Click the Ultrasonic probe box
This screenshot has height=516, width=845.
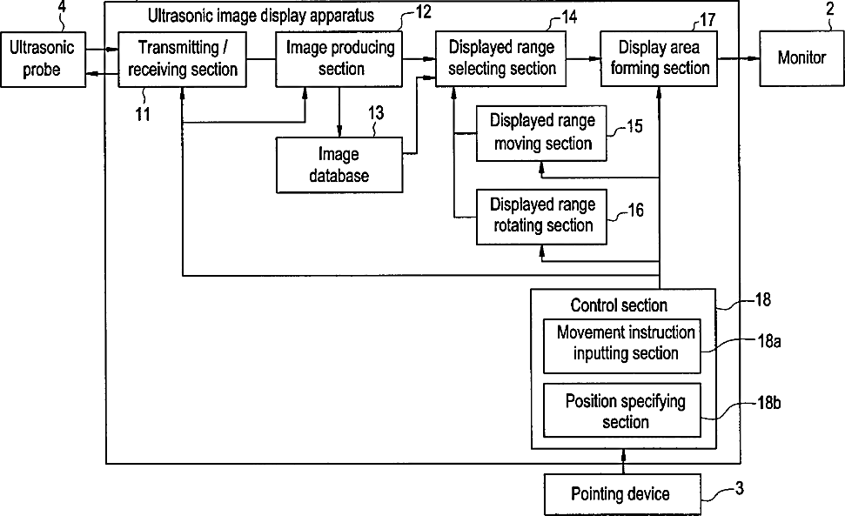tap(44, 59)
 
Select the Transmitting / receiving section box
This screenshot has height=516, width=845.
tap(182, 59)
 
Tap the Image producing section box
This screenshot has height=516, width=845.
tap(339, 59)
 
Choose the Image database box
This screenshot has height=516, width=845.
tap(339, 164)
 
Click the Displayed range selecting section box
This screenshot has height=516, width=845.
tap(500, 58)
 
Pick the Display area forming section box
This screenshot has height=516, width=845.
tap(659, 58)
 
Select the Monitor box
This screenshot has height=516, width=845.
tap(801, 58)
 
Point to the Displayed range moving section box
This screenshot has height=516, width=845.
tap(541, 133)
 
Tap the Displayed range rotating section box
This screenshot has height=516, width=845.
tap(541, 217)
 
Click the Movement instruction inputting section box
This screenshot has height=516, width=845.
tap(622, 345)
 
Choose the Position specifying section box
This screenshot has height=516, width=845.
tap(622, 411)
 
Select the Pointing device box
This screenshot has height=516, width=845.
tap(622, 494)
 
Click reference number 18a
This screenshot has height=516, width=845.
tap(769, 341)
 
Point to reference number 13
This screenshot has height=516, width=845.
tap(376, 113)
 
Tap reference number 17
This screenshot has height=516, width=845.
tap(707, 20)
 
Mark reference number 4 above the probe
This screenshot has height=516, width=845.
tap(62, 7)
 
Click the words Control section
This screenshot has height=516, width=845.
tap(619, 305)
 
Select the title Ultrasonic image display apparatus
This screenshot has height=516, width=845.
tap(261, 16)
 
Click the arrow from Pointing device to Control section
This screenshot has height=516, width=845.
tap(623, 461)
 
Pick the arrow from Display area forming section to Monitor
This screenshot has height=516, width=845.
tap(739, 58)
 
